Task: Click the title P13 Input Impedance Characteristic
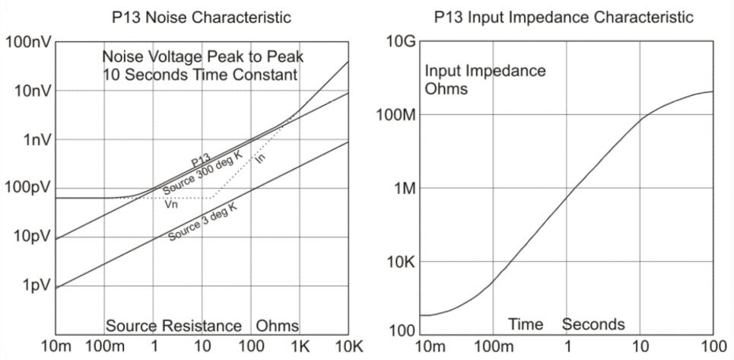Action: (564, 17)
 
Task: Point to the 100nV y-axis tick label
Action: (27, 41)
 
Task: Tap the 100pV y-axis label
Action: (27, 187)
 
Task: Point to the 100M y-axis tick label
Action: (396, 115)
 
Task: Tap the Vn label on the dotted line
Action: (172, 203)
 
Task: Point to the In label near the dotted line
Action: (260, 159)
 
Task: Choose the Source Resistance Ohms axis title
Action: (202, 326)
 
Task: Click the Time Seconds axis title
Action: (566, 324)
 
